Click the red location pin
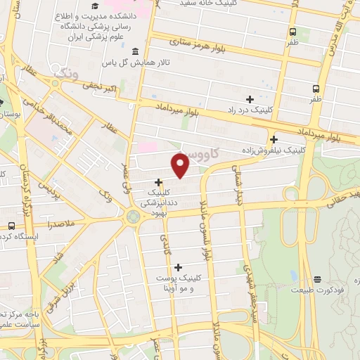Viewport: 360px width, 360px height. pos(181,165)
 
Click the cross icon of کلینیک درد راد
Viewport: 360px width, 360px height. pos(250,99)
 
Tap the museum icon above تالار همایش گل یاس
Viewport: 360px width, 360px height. pos(135,52)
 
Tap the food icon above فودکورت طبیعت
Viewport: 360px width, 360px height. pos(317,278)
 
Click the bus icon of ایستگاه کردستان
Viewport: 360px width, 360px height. pos(11,226)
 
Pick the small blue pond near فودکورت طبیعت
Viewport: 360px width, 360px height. pos(292,275)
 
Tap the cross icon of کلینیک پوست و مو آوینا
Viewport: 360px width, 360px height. pos(178,267)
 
